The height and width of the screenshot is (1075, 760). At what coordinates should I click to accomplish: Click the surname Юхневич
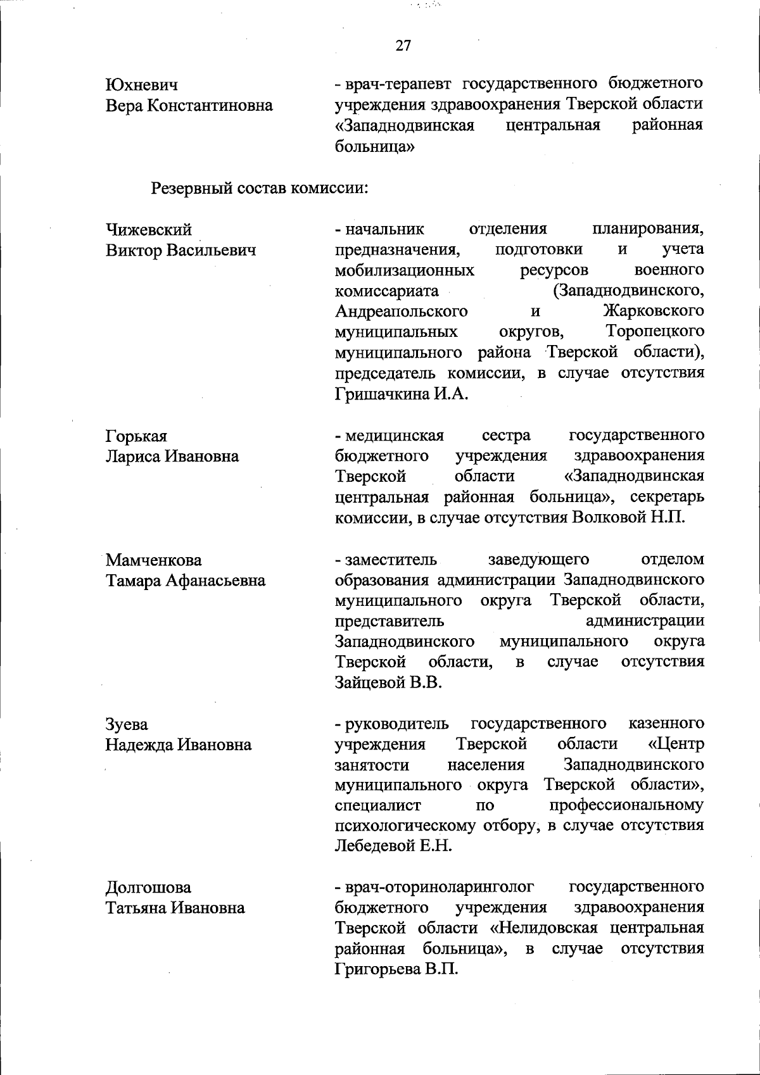[141, 84]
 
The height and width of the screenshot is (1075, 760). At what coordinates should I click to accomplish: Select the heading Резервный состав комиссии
[260, 188]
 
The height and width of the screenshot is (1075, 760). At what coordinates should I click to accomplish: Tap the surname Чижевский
[148, 229]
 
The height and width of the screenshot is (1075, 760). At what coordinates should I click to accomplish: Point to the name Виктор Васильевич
[180, 250]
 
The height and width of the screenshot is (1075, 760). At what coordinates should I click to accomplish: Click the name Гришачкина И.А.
[401, 394]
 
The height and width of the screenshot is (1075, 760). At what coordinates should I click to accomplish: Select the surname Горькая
[136, 436]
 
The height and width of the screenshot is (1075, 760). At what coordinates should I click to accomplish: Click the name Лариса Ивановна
[172, 456]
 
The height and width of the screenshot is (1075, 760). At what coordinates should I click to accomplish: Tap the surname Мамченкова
[154, 560]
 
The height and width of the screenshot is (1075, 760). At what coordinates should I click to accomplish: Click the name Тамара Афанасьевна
[186, 581]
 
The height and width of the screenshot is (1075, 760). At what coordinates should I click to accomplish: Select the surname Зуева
[127, 724]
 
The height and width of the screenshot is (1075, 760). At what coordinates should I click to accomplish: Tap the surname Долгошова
[148, 888]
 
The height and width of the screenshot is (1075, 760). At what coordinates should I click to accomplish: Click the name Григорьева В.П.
[396, 970]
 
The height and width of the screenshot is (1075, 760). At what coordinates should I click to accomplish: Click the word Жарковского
[653, 311]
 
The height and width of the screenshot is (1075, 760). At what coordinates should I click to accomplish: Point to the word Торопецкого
[655, 332]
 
